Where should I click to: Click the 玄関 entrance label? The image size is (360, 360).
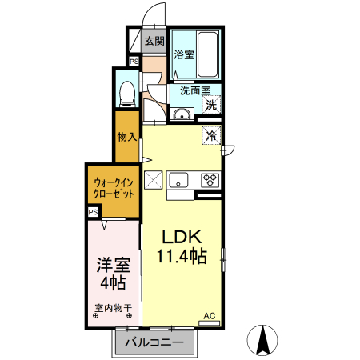[x=154, y=41]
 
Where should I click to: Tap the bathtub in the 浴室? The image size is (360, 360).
[x=208, y=54]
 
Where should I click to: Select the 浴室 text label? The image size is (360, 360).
[x=184, y=54]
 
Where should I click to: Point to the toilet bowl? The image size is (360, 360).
[x=127, y=94]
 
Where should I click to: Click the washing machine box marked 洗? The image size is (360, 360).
[x=211, y=105]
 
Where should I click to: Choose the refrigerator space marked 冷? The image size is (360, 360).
[x=211, y=135]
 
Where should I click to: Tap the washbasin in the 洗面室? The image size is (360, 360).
[x=182, y=114]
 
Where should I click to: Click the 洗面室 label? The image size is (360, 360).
[x=195, y=90]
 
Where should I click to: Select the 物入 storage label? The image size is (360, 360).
[x=127, y=137]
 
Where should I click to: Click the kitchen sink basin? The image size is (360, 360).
[x=178, y=180]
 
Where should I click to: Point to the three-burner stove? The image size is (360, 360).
[x=210, y=180]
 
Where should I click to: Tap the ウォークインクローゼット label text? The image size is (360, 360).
[x=114, y=188]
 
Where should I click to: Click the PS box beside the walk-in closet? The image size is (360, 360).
[x=93, y=212]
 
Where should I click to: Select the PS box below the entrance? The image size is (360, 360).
[x=134, y=62]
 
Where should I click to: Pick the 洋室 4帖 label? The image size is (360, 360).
[x=114, y=273]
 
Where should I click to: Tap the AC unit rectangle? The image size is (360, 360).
[x=210, y=323]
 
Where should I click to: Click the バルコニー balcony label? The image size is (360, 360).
[x=154, y=342]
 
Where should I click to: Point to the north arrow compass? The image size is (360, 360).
[x=262, y=340]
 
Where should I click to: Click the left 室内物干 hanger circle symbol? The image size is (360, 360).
[x=95, y=316]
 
